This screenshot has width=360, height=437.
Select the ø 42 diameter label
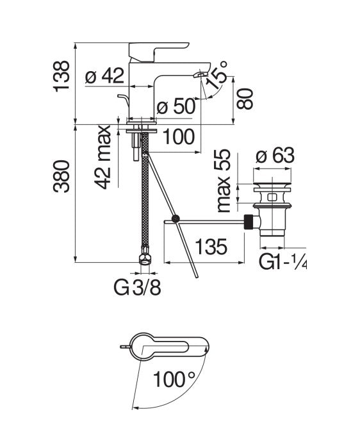[104, 77]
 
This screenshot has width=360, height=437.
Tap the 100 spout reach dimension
[178, 136]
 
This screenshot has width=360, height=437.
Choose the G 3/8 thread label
[138, 288]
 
